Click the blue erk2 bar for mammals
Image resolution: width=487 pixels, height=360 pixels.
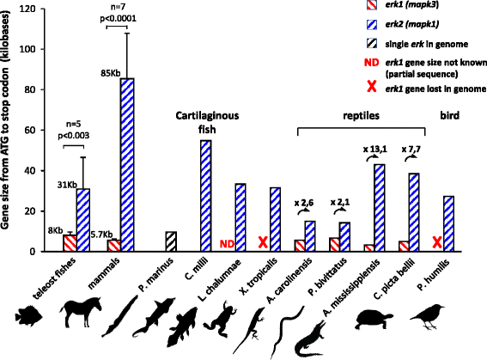pos(126,164)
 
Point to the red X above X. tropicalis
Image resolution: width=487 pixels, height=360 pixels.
pos(264,242)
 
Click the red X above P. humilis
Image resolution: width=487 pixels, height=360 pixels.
pos(439,242)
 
